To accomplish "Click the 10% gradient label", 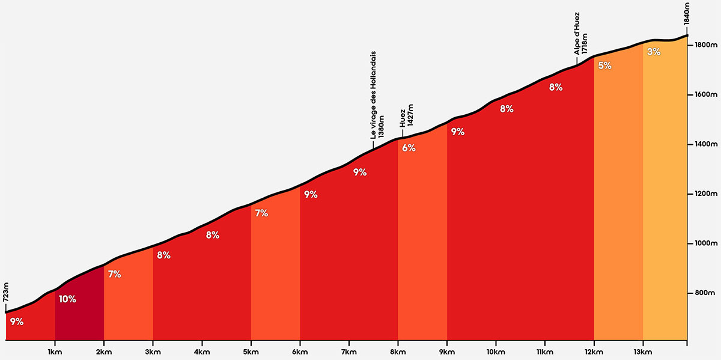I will click(x=67, y=299).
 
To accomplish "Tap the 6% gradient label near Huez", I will click(x=409, y=148).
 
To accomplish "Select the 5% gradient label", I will click(x=604, y=66).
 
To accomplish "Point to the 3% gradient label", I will click(x=654, y=52).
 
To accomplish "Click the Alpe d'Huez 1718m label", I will click(x=580, y=35).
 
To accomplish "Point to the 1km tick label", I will click(x=55, y=352).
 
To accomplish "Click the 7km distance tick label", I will click(x=349, y=352).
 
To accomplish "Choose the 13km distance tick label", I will click(x=643, y=352).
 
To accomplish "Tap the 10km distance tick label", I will click(x=496, y=352).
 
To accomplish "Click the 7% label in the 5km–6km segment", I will click(x=261, y=213).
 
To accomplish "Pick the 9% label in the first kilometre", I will click(x=16, y=322).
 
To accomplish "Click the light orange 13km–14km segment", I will click(x=665, y=198).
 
